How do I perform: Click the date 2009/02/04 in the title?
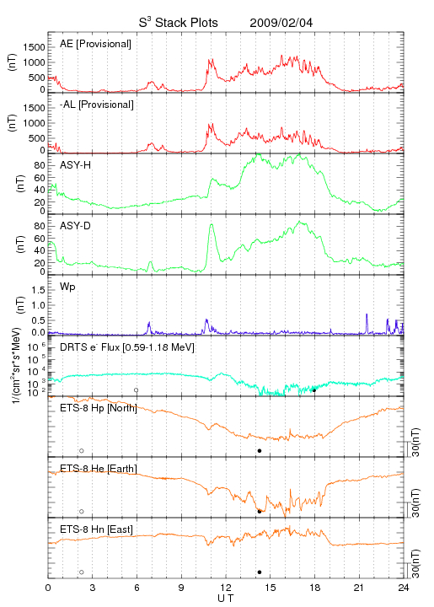click(x=281, y=23)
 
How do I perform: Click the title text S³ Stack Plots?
click(x=179, y=22)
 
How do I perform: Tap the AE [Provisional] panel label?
click(x=95, y=44)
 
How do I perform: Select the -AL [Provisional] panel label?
click(x=97, y=105)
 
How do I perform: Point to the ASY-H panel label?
click(x=76, y=165)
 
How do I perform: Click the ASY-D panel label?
click(x=76, y=226)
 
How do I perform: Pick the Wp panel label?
click(x=67, y=287)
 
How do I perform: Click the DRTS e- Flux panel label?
click(x=127, y=347)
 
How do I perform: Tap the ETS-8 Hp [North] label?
click(x=99, y=408)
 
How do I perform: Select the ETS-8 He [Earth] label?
click(x=99, y=469)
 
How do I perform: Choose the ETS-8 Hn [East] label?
click(x=96, y=529)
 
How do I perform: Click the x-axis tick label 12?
click(x=226, y=588)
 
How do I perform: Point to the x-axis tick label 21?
click(x=359, y=588)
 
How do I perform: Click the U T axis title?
click(x=226, y=599)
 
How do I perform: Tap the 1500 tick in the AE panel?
click(x=34, y=47)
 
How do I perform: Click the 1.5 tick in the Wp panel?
click(x=38, y=290)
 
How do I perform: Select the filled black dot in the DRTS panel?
click(x=314, y=390)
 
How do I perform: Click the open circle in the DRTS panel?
click(x=137, y=390)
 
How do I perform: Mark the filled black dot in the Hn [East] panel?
click(x=260, y=572)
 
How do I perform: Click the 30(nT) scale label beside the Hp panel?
click(x=415, y=443)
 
